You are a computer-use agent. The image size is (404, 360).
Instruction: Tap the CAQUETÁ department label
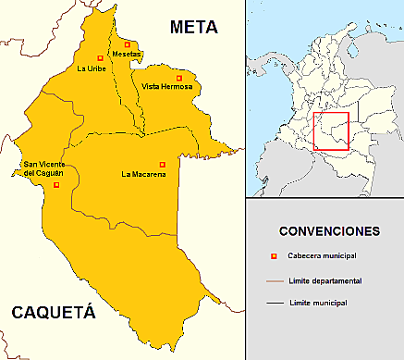(x=53, y=314)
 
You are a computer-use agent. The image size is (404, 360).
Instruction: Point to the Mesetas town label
(x=128, y=54)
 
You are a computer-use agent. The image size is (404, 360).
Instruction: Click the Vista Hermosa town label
(x=168, y=87)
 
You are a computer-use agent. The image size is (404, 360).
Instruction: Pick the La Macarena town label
(x=142, y=174)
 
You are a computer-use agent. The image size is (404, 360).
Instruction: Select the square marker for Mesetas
(x=127, y=43)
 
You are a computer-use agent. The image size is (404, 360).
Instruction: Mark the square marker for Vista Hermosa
(x=179, y=77)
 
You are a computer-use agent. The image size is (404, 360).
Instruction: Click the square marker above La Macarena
(x=162, y=165)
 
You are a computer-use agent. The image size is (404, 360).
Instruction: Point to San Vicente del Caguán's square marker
(x=56, y=185)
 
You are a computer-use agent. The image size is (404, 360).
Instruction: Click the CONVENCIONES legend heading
(x=329, y=230)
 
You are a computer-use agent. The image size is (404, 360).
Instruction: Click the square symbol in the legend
(x=273, y=256)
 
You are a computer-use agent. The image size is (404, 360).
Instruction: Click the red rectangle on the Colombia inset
(x=330, y=130)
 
